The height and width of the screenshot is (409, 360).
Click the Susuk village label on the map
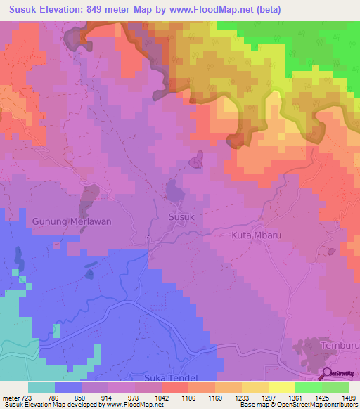tap(181, 217)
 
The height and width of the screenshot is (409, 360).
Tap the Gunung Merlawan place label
tap(72, 221)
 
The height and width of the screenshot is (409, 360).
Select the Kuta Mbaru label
tap(257, 235)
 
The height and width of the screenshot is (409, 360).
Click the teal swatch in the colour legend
tap(41, 387)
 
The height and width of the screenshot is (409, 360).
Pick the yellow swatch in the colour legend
tap(282, 387)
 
